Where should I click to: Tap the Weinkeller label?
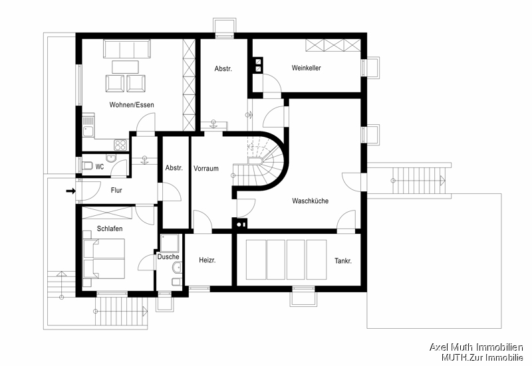[x=306, y=68]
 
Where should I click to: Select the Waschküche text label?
[x=310, y=201]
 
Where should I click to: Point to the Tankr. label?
[x=343, y=261]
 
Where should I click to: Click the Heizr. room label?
[x=207, y=261]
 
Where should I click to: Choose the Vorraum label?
[x=206, y=169]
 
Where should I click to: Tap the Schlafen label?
[x=110, y=228]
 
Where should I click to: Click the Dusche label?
[x=168, y=256]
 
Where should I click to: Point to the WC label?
[x=99, y=167]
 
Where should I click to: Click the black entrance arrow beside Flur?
[x=70, y=192]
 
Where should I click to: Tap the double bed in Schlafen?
[x=103, y=258]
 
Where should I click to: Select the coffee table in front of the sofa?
[x=125, y=66]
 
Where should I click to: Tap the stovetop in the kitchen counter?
[x=120, y=143]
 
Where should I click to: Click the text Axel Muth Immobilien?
[x=475, y=347]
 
